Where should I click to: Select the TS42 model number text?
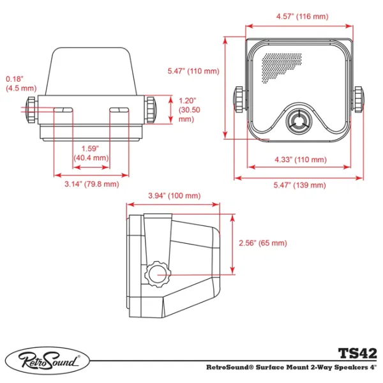357,353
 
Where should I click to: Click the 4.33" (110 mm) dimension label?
300,160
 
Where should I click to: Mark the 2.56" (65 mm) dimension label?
262,243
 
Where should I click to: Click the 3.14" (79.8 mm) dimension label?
92,184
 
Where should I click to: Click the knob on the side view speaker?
156,275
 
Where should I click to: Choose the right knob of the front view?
361,100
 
